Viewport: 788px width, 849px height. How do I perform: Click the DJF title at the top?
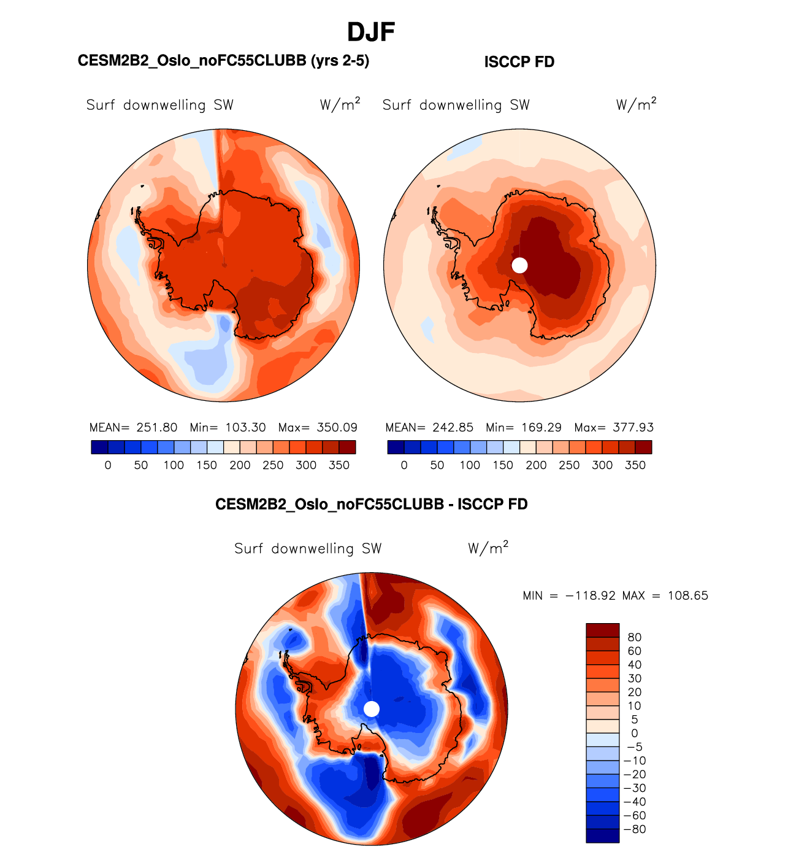point(371,32)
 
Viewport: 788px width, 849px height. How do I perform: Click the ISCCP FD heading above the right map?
point(519,62)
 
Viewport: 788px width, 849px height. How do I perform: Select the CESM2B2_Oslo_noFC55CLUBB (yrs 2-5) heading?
point(223,60)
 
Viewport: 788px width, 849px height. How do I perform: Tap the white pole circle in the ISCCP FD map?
point(519,265)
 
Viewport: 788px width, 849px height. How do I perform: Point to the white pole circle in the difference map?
point(372,709)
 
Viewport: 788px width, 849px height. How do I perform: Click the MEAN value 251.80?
point(157,427)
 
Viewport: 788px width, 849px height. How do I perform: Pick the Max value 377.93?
point(633,427)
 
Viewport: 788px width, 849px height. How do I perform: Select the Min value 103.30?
point(245,427)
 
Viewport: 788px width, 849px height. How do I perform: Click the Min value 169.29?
point(541,427)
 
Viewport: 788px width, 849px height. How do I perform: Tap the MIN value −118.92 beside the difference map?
point(591,595)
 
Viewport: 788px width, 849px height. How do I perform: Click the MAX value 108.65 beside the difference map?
point(688,595)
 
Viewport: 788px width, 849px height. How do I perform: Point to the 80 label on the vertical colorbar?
point(635,637)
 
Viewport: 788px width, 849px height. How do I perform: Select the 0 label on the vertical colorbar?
point(635,733)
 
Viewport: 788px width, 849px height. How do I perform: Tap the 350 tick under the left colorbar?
point(339,465)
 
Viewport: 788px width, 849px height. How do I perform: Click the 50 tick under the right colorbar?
point(437,465)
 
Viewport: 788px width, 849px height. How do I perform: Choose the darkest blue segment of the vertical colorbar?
point(602,836)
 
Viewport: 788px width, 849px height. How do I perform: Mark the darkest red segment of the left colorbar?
point(347,447)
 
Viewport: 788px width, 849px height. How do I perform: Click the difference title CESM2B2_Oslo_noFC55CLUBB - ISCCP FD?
point(371,504)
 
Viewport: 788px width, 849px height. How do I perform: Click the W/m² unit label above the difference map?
point(488,548)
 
